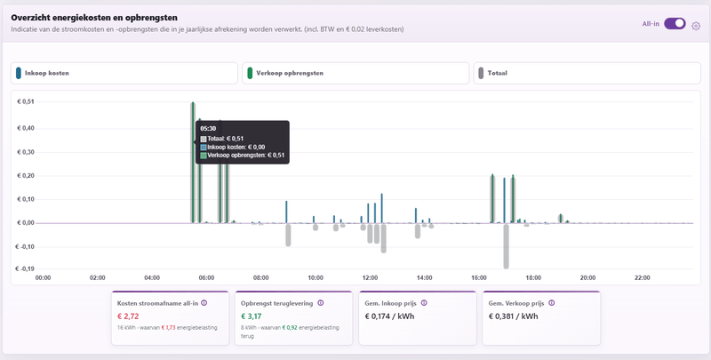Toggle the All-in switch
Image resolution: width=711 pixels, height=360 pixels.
675,24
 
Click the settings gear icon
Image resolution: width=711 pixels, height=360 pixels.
696,27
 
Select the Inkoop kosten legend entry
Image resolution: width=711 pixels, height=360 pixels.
124,73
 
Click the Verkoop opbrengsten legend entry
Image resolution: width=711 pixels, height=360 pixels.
355,73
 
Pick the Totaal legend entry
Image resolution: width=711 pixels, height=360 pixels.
587,73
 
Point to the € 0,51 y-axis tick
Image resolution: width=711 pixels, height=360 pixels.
25,102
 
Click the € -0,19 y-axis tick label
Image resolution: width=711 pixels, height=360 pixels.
24,268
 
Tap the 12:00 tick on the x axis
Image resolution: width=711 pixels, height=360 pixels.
370,278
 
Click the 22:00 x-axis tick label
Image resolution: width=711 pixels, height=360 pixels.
642,278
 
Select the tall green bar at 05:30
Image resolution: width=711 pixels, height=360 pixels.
193,163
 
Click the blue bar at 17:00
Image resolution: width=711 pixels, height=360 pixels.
504,200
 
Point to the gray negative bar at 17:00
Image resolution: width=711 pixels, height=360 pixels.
506,246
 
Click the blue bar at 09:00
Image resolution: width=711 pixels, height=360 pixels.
286,212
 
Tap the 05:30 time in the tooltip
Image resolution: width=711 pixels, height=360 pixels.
208,129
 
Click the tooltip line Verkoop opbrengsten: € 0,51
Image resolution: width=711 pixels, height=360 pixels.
243,156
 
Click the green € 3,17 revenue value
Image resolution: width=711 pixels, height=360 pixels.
252,316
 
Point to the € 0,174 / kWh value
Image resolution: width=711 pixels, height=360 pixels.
389,316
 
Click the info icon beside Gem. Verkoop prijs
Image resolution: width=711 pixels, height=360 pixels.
551,303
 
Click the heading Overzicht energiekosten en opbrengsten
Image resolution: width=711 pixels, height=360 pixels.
94,18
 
